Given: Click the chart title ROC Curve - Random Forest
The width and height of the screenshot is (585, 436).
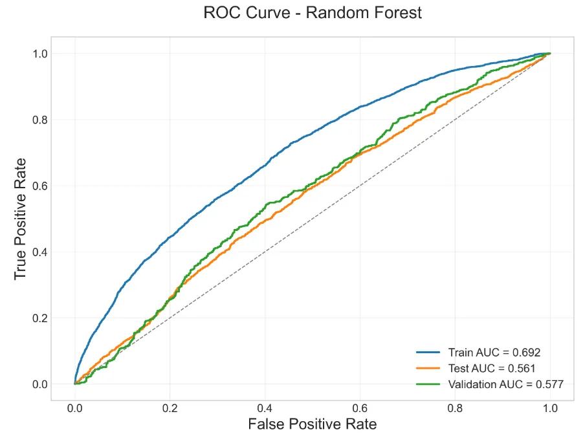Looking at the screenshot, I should tap(312, 13).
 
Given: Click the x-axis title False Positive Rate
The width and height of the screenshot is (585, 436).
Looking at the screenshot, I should tap(313, 424).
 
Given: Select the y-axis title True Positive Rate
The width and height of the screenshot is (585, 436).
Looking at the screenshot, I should tap(20, 218).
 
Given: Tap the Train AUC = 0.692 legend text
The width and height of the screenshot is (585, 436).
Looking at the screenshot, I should tap(494, 353).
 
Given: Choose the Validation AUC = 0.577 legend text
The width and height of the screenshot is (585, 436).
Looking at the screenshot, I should tap(505, 384).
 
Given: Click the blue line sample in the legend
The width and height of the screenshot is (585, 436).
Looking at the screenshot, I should tap(428, 353).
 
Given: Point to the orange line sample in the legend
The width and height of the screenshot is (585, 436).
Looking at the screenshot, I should tap(428, 368).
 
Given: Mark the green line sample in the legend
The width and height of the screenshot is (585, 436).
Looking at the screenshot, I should tap(428, 384).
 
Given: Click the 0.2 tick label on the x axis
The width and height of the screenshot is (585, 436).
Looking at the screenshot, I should tap(170, 409).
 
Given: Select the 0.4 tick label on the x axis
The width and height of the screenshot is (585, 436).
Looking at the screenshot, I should tap(265, 409).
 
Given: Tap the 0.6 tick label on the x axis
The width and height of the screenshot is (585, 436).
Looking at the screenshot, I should tap(360, 409).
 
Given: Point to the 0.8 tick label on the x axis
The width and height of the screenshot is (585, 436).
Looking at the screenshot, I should tap(456, 409).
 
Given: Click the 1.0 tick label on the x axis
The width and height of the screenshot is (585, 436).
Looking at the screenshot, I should tap(550, 409).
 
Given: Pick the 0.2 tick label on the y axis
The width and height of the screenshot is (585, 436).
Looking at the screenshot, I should tap(40, 318).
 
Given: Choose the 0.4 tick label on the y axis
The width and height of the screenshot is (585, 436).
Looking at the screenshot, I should tap(40, 252).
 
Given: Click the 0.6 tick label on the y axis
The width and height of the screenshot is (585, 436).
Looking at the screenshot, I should tap(40, 186).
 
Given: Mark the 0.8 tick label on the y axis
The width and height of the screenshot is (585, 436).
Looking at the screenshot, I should tap(40, 120).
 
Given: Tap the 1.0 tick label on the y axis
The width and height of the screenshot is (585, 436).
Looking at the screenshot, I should tap(40, 54).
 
